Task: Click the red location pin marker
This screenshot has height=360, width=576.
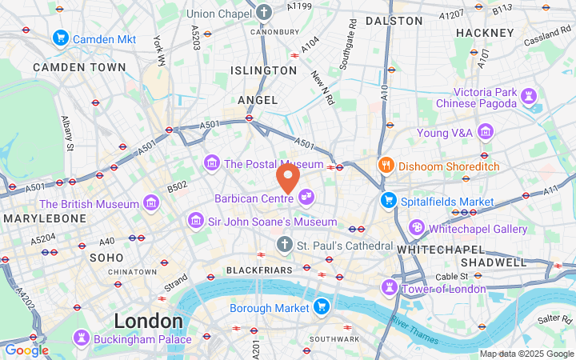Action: tap(288, 177)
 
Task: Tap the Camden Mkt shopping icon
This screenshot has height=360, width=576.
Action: tap(60, 38)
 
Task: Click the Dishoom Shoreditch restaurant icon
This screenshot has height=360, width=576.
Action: tap(386, 166)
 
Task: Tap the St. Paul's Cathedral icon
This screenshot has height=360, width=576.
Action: tap(284, 243)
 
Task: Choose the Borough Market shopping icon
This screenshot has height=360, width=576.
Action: tap(322, 307)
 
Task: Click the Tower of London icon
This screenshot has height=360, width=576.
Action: tap(390, 287)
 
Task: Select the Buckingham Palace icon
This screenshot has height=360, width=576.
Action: tap(82, 338)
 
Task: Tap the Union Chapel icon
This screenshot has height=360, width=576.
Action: tap(266, 13)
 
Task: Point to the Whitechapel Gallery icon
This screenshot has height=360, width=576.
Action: tap(416, 228)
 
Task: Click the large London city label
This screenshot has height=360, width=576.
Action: tap(148, 321)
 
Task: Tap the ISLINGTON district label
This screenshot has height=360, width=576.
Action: tap(263, 70)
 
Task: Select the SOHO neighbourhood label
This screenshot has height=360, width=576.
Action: tap(106, 258)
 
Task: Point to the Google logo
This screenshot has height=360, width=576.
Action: tap(26, 350)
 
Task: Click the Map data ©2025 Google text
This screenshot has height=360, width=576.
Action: tap(526, 354)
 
